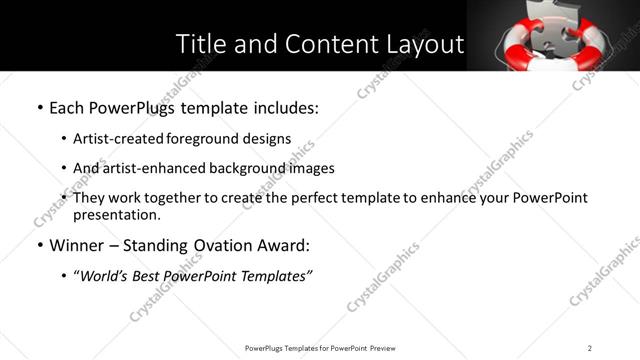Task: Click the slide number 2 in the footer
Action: coord(590,347)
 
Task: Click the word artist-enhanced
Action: coord(147,168)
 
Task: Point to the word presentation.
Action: coord(116,214)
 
